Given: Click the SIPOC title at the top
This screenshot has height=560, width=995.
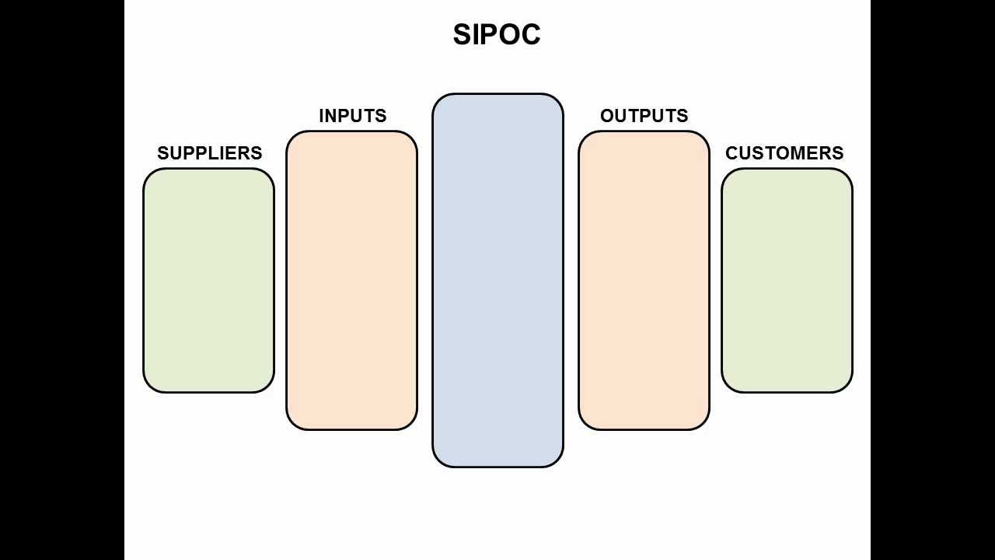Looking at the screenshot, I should [497, 35].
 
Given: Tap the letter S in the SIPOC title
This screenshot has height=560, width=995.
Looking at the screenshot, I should [463, 35].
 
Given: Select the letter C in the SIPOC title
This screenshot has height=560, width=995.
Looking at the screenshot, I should [530, 35].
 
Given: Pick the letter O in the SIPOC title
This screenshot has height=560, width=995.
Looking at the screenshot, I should [509, 35].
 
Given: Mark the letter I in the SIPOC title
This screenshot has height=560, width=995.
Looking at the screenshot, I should [476, 35].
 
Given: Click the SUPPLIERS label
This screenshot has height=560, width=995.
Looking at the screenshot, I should [209, 153].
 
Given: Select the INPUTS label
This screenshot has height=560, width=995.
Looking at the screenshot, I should [352, 116].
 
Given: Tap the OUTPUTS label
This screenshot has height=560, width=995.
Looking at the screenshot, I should [644, 116].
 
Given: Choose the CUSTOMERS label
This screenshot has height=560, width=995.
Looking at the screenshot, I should [784, 153].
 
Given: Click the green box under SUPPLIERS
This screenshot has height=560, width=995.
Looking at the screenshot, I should [208, 280].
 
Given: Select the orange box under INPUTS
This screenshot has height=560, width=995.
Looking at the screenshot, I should [351, 280].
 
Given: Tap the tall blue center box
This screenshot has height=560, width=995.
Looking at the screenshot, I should [497, 280].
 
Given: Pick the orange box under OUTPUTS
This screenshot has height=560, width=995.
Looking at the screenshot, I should [644, 280].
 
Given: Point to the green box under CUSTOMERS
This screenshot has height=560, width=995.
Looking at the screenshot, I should [787, 280].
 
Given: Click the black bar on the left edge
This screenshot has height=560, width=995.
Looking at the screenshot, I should [62, 280].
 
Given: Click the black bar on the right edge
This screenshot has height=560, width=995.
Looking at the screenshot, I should [933, 280].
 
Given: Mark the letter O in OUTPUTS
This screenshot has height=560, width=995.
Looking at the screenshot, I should [607, 116].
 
